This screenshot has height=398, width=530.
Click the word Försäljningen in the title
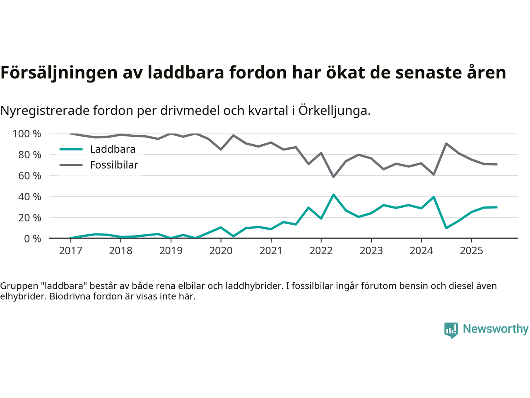coord(59,73)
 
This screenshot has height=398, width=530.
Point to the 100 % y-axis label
coord(27,134)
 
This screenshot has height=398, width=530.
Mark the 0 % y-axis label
coord(32,238)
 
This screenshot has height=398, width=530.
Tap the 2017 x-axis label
coord(70,251)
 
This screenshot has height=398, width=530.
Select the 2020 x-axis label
coord(221,251)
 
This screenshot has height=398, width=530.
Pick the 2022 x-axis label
coord(321,251)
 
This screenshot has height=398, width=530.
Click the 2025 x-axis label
coord(471,251)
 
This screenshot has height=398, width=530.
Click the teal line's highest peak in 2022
coord(333,194)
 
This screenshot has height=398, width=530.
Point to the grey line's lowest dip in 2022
coord(333,177)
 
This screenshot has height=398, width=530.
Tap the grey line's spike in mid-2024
coord(446,143)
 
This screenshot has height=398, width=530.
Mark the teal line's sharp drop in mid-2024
coord(446,228)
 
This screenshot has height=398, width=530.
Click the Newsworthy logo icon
coord(451,330)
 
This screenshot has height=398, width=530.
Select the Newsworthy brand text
coord(495,329)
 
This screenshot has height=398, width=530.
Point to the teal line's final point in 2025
coord(496,207)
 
